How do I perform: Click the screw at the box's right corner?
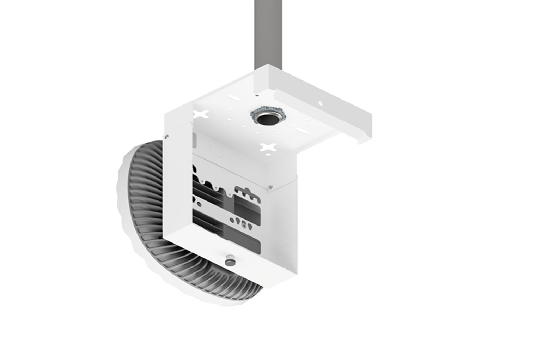coord(270,187)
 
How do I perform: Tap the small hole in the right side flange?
coord(321,103)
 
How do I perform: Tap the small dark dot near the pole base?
coord(257,95)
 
